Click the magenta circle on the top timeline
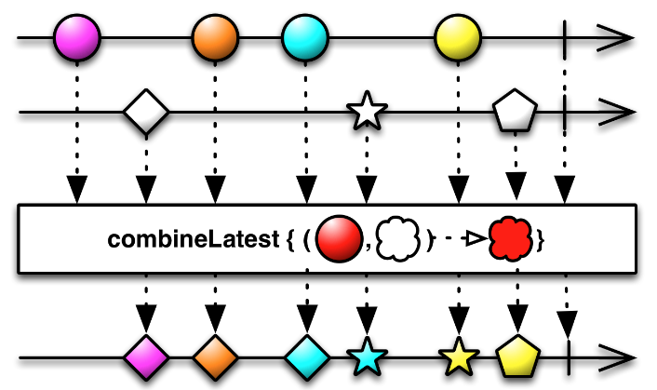pyautogui.click(x=77, y=40)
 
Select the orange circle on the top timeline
pyautogui.click(x=216, y=40)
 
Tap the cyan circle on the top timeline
pyautogui.click(x=305, y=40)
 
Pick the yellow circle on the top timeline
pyautogui.click(x=458, y=40)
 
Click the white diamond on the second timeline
pyautogui.click(x=146, y=114)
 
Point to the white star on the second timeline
pyautogui.click(x=366, y=114)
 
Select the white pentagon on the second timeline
pyautogui.click(x=515, y=114)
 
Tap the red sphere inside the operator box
pyautogui.click(x=337, y=238)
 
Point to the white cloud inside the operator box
pyautogui.click(x=401, y=238)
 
